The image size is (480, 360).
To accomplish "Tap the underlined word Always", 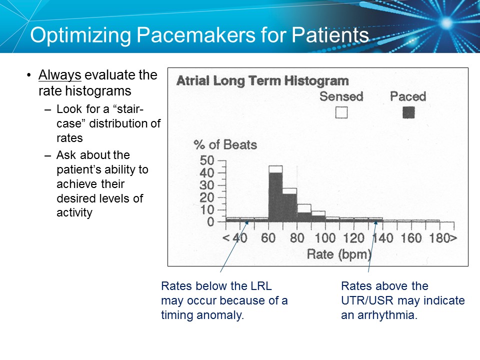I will point(60,75).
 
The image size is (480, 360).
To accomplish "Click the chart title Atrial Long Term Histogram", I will point(262,81).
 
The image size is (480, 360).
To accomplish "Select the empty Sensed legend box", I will point(341,112).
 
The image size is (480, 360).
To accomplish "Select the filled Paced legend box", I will point(408,112).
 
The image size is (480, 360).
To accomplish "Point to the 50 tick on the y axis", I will point(206,161).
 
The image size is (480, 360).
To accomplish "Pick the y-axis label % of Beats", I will point(225,145).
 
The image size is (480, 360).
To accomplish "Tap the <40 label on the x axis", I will point(234,237).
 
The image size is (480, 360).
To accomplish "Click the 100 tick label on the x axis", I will point(325,237).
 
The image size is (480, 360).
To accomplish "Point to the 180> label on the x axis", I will point(442,237).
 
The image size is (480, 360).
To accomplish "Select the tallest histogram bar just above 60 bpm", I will point(275,195).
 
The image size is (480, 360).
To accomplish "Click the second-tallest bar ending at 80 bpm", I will point(289,206).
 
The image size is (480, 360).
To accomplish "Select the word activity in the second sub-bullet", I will point(74,212).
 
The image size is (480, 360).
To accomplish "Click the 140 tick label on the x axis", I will point(382,237).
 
